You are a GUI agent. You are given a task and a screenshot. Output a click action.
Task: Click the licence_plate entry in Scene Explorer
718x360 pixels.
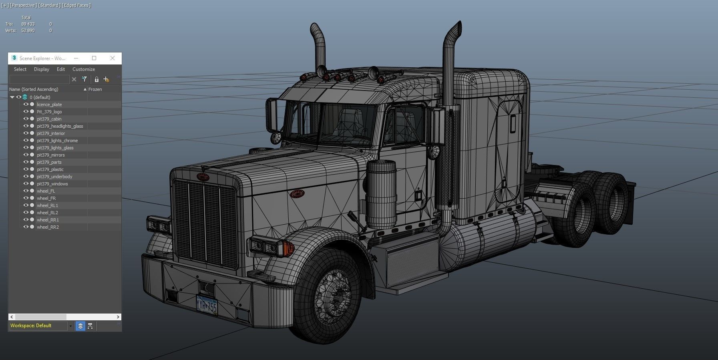tap(49, 105)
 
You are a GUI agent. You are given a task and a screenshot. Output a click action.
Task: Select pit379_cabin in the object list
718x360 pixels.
tap(49, 119)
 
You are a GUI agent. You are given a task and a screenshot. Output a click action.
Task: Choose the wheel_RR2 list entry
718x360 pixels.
tap(48, 227)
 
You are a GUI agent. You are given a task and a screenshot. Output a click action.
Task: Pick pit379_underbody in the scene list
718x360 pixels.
tap(54, 177)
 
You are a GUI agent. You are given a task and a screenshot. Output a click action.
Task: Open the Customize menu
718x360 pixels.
tap(83, 69)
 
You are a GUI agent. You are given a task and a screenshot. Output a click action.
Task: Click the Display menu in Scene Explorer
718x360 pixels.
tap(42, 69)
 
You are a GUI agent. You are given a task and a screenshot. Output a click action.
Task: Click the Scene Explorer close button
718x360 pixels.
tap(113, 58)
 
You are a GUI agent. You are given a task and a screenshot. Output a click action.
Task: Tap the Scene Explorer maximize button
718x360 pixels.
tap(94, 58)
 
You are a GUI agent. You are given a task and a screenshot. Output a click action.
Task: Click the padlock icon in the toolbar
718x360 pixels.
tap(97, 79)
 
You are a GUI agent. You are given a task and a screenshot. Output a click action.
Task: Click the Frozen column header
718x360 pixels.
tap(95, 89)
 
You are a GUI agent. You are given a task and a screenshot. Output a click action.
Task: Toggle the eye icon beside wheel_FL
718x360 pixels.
tap(26, 191)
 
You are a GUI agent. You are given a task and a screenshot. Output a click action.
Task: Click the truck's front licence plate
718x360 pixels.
tap(207, 306)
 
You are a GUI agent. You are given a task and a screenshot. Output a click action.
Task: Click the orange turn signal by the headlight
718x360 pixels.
tap(288, 248)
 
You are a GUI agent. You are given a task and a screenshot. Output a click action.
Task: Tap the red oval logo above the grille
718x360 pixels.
tap(203, 177)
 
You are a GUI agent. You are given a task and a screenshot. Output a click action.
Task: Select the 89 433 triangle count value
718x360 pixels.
tap(28, 24)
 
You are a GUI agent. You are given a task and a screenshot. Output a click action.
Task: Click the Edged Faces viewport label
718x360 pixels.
tap(76, 5)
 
